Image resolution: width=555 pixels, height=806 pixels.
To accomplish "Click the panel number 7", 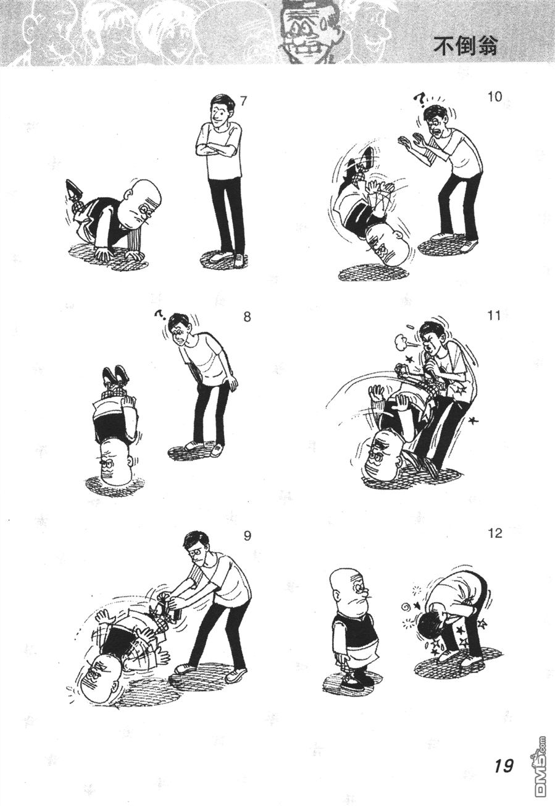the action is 244,101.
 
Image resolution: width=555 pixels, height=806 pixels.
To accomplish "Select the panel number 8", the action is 247,317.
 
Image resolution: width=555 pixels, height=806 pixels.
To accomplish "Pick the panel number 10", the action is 495,97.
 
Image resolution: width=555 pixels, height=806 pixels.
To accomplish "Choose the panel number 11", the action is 494,316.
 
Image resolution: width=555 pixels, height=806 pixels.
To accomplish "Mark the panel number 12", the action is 495,533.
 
